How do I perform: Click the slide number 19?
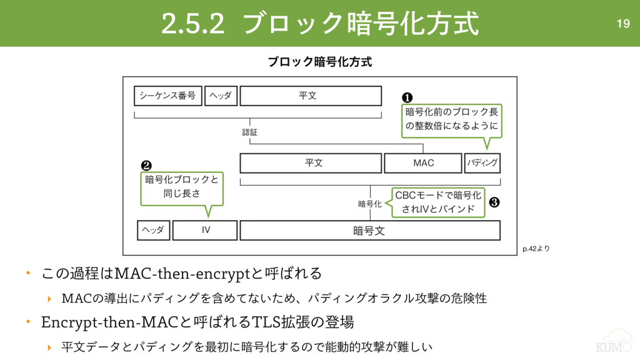coord(622,24)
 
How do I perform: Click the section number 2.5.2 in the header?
coord(192,24)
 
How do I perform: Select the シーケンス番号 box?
coord(167,96)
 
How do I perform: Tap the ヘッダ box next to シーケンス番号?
coord(221,96)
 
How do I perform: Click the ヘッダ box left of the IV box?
coord(153,230)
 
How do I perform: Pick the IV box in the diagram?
coord(206,230)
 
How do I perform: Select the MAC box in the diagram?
coord(423,163)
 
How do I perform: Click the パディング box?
coord(482,163)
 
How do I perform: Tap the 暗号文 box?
coord(369,231)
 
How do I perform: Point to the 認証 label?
coord(250,132)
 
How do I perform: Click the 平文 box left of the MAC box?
coord(311,163)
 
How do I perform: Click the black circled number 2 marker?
coord(146,166)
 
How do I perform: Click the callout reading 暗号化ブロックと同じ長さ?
coord(181,187)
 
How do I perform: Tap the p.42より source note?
coord(536,249)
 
